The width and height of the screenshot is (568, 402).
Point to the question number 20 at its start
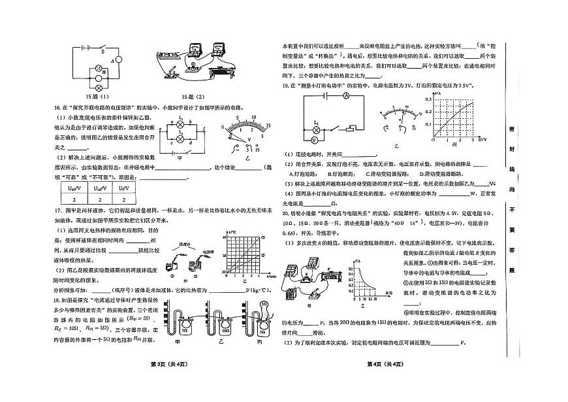285,212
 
